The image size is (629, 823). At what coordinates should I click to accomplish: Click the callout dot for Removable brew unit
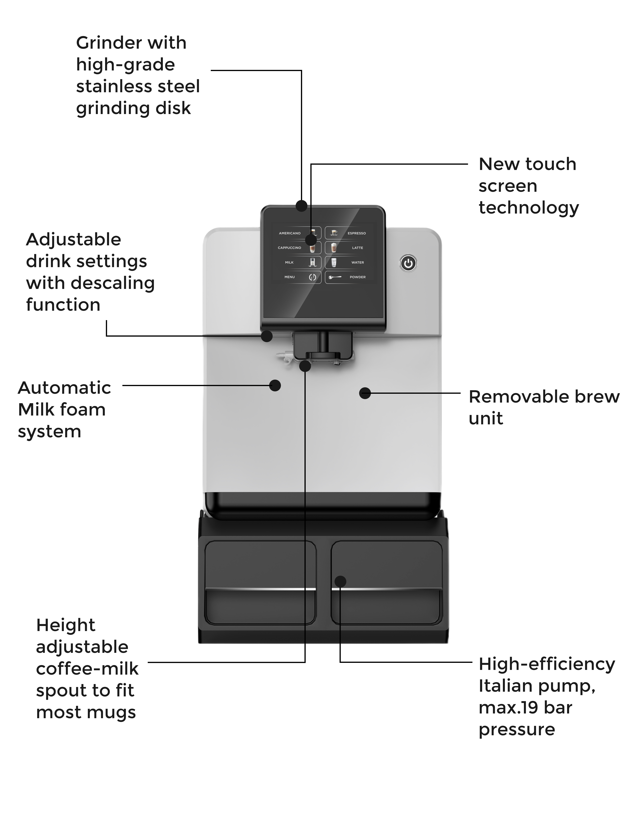click(x=365, y=393)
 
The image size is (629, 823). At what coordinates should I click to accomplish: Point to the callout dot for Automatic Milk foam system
click(x=275, y=385)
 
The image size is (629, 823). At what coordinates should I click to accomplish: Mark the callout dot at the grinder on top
click(x=301, y=206)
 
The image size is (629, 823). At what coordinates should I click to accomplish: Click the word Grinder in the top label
click(x=103, y=43)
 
